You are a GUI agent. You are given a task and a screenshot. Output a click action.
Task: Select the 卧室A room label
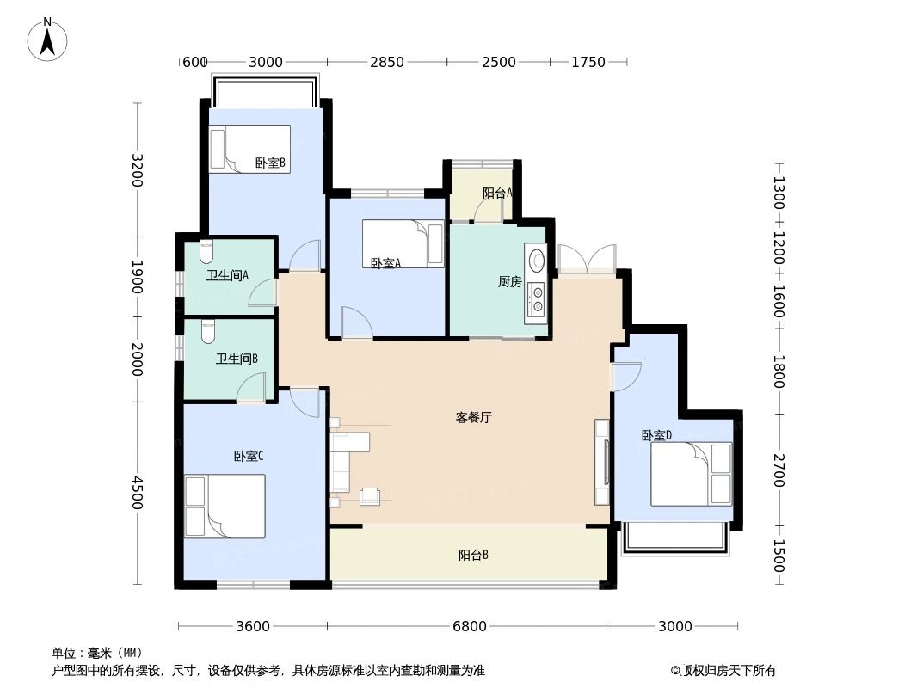(386, 264)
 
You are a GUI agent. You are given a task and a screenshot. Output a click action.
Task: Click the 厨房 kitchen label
(509, 281)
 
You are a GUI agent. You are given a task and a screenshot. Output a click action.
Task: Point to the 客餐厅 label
(473, 418)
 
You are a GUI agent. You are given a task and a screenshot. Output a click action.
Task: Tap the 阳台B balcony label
(473, 556)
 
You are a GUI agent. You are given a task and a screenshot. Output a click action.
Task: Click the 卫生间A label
(227, 276)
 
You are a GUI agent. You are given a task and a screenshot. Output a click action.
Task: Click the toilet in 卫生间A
(206, 252)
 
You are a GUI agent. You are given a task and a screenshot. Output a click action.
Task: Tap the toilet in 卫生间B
(207, 331)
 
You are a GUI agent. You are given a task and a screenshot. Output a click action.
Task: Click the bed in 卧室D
(691, 474)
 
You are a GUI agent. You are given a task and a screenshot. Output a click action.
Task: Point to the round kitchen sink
(537, 259)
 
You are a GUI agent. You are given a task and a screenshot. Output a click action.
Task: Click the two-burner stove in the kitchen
(537, 297)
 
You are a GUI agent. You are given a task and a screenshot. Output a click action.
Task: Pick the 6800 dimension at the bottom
(470, 626)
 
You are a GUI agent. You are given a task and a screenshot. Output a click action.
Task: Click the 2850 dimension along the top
(386, 62)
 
